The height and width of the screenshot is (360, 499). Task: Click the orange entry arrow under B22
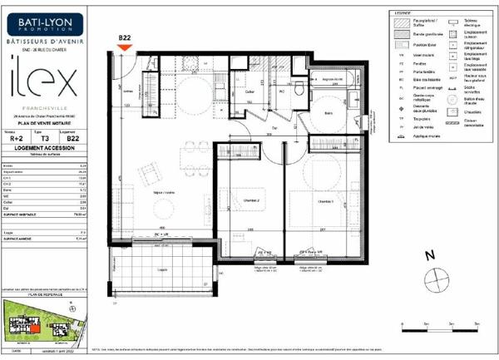tap(125, 48)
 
